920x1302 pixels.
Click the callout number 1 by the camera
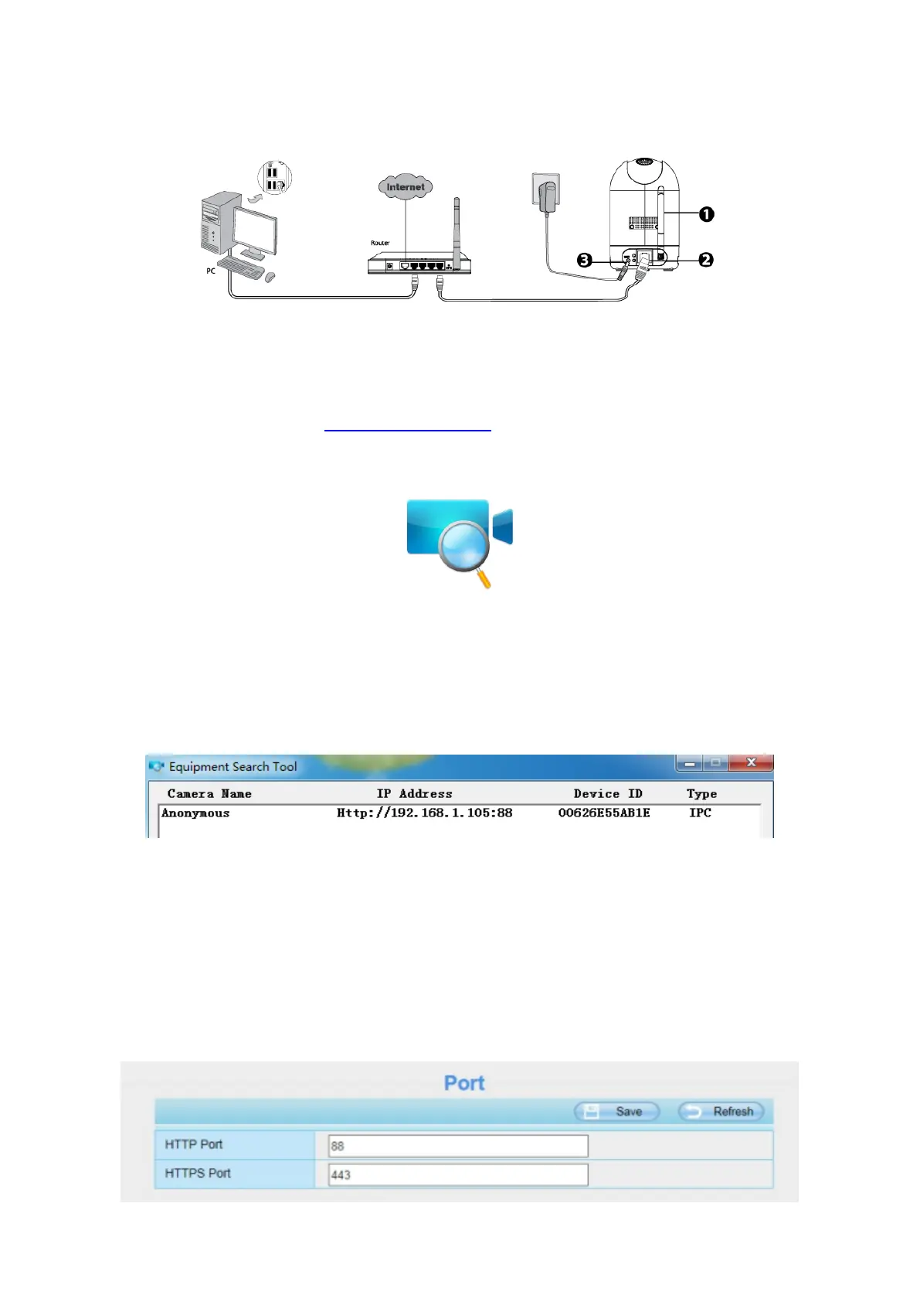(x=706, y=214)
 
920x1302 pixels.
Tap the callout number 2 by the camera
(x=705, y=260)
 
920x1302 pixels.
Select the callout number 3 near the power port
(x=585, y=260)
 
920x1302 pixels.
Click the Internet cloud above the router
(x=406, y=186)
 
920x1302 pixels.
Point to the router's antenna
(x=457, y=232)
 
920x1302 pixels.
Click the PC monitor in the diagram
(x=255, y=230)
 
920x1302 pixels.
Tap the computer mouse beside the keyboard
(x=270, y=277)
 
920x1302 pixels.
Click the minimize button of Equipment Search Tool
(x=689, y=763)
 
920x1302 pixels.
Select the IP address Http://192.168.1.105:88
(x=424, y=813)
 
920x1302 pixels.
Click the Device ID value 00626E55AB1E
(x=604, y=813)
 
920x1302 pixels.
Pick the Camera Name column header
(x=209, y=793)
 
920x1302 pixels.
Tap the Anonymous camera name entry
(x=195, y=813)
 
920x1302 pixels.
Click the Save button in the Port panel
(x=616, y=1111)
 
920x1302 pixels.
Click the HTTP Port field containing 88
(x=458, y=1146)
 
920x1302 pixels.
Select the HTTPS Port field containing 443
(x=458, y=1174)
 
